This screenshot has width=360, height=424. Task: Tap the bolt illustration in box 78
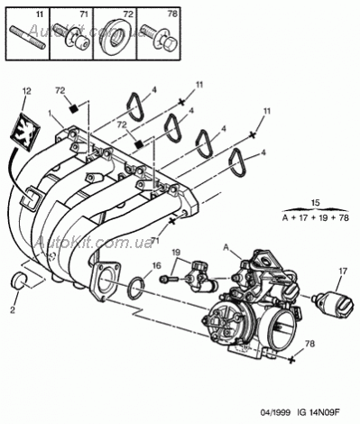[x=160, y=39]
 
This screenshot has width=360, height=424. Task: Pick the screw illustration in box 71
[x=71, y=38]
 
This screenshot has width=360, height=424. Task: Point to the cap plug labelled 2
[x=19, y=280]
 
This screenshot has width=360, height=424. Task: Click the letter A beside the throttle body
[x=226, y=247]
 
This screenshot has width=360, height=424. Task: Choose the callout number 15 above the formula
[x=316, y=202]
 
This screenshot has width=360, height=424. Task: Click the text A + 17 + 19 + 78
[x=316, y=217]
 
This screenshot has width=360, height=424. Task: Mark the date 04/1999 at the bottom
[x=275, y=412]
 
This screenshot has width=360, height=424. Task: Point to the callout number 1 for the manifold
[x=51, y=113]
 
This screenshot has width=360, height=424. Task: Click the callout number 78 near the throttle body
[x=309, y=343]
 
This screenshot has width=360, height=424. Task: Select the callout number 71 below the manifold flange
[x=156, y=240]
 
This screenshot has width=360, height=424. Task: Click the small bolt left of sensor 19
[x=170, y=279]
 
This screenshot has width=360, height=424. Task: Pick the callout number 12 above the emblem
[x=26, y=91]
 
